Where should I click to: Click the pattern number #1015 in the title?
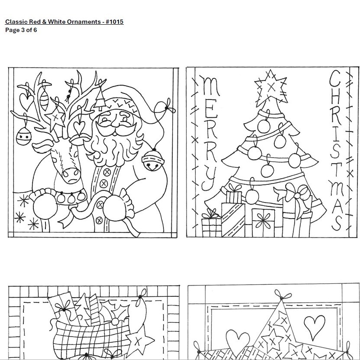115,22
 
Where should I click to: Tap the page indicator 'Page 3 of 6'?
21,30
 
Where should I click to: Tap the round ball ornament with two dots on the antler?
24,136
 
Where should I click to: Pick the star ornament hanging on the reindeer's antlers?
55,118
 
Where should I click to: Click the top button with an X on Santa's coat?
106,172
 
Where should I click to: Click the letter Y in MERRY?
209,179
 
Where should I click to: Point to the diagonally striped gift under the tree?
233,219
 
